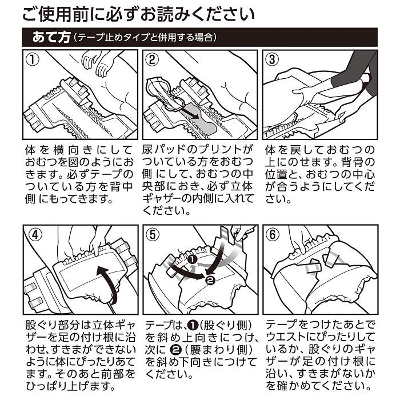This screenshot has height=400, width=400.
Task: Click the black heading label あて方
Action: click(51, 38)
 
